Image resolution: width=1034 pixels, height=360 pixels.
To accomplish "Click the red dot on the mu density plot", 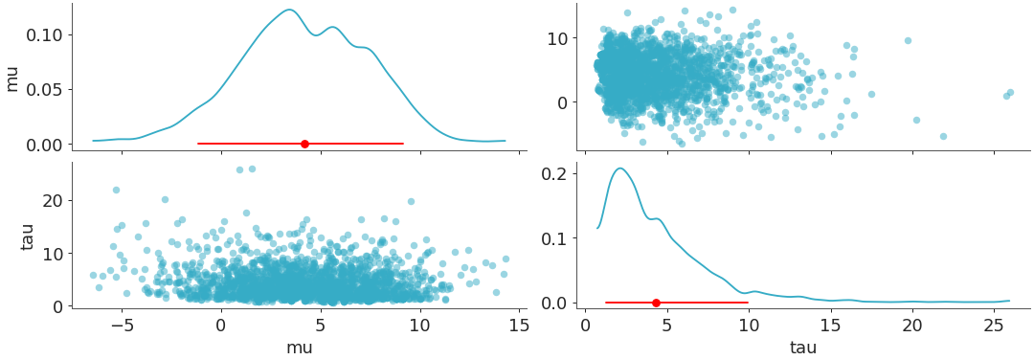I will pos(304,144).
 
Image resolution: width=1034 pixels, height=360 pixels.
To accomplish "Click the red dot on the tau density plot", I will pos(656,303).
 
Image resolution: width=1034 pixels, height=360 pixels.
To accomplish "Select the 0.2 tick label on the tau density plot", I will pos(557,173).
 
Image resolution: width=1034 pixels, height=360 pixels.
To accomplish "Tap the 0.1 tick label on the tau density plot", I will pos(557,238).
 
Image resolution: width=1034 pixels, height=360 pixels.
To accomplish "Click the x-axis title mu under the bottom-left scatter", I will pos(299,349).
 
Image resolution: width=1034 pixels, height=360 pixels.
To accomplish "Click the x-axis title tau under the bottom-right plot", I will pos(802,349).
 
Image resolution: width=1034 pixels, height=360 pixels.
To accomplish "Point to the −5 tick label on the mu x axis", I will pos(121,326).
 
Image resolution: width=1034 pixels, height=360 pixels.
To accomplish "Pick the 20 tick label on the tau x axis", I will pos(912,326).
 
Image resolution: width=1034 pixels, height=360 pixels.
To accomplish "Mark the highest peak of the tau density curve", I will pos(620,169).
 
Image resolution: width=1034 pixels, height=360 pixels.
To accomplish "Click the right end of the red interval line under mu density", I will pos(403,144).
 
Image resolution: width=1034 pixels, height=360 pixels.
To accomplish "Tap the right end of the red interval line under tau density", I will pos(748,303).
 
